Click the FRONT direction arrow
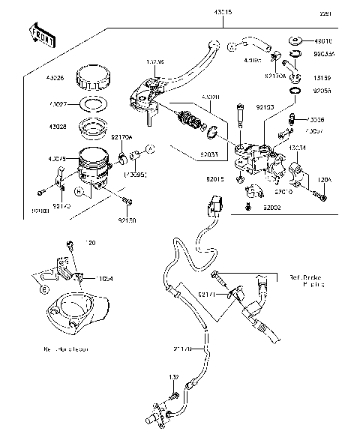[x=42, y=34]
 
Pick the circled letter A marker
[x=149, y=150]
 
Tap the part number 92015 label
[x=217, y=181]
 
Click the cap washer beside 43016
[x=295, y=40]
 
